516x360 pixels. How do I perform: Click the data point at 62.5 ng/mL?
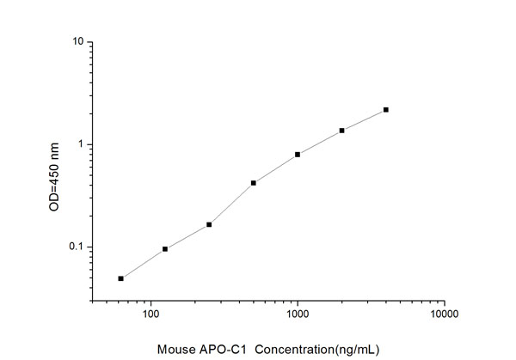tap(121, 278)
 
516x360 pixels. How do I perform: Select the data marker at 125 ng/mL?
tap(165, 249)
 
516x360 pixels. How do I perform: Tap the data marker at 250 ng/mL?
tap(209, 224)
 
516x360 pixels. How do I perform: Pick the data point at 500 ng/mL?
tap(254, 183)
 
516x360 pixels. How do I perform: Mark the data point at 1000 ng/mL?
tap(298, 155)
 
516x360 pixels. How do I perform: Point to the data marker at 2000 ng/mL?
tap(342, 131)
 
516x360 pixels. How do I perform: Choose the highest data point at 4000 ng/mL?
tap(386, 110)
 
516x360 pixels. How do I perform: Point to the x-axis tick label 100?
tap(150, 315)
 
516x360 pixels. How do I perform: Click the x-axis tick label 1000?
tap(298, 315)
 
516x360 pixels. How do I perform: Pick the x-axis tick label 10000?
tap(444, 315)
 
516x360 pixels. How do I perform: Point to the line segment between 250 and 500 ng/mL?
tap(231, 204)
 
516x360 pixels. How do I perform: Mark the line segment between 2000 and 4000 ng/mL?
tap(364, 120)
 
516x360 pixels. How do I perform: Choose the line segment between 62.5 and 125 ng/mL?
tap(143, 264)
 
